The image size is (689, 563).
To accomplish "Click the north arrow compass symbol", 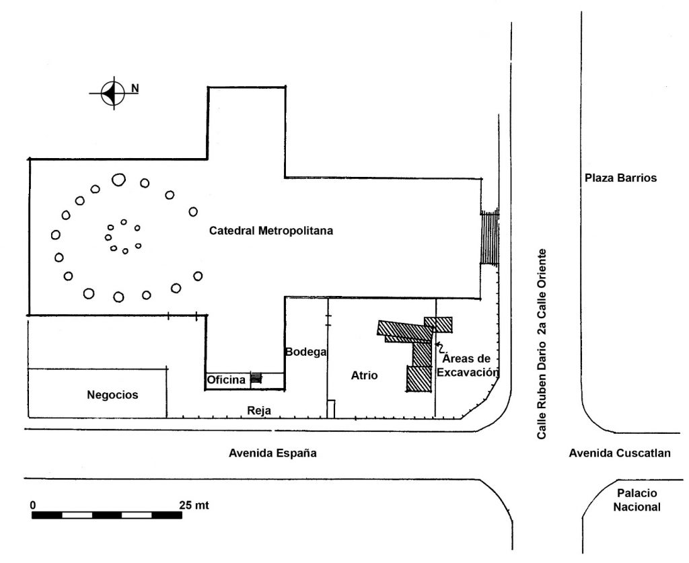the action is (x=113, y=93).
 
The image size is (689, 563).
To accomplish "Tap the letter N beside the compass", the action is (x=135, y=88).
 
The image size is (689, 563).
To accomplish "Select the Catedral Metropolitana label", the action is (x=270, y=231).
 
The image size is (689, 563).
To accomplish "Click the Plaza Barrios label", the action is (x=620, y=178).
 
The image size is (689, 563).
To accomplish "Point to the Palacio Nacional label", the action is (x=637, y=500).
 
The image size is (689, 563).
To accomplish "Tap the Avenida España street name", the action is (x=273, y=453).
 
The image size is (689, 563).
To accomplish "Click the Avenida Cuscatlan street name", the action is (x=620, y=453).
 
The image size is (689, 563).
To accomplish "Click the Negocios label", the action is (x=112, y=395).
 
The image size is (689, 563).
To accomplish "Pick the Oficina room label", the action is (x=226, y=379).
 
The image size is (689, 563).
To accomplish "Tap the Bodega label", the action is (x=306, y=352).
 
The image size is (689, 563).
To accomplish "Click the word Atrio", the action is (x=364, y=375).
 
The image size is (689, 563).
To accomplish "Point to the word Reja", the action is (x=259, y=411).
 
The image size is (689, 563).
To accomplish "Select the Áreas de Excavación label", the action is (x=468, y=365).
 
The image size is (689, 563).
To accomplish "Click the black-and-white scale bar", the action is (x=107, y=515).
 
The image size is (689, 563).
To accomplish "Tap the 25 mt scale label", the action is (x=194, y=505).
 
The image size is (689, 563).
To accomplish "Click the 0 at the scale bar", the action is (x=33, y=505).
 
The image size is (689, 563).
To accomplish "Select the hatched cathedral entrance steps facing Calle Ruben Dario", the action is (x=490, y=237).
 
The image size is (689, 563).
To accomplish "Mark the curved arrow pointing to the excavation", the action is (x=439, y=347).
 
